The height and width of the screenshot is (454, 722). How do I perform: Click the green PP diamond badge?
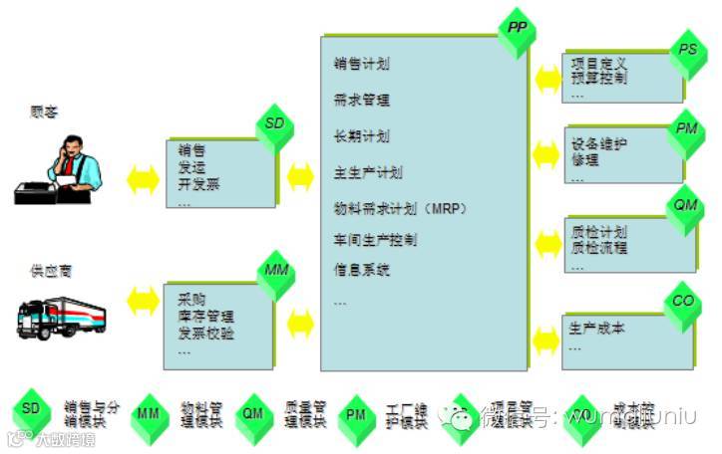tap(516, 28)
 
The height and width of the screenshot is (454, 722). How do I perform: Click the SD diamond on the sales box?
tap(274, 123)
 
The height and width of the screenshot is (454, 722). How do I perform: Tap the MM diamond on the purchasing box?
tap(275, 270)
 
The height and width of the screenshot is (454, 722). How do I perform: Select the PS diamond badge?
tap(687, 50)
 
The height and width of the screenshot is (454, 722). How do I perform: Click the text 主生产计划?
tap(368, 172)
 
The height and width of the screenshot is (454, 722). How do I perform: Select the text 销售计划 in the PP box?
tap(362, 65)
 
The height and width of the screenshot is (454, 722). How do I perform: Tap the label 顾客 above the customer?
tap(45, 113)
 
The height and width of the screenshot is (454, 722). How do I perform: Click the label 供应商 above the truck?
tap(52, 270)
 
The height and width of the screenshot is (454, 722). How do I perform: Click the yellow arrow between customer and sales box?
tap(143, 179)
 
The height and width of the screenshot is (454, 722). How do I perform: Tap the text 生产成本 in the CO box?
tap(596, 329)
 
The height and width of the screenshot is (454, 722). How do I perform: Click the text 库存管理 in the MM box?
tap(206, 317)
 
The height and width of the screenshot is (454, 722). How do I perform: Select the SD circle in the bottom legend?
tap(31, 408)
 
